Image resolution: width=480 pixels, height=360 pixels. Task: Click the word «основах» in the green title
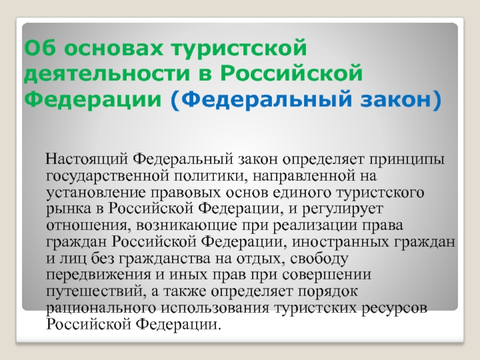click(x=113, y=48)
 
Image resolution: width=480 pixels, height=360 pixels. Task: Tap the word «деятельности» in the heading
click(x=107, y=74)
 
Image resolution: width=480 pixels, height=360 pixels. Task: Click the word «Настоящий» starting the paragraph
click(x=86, y=160)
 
